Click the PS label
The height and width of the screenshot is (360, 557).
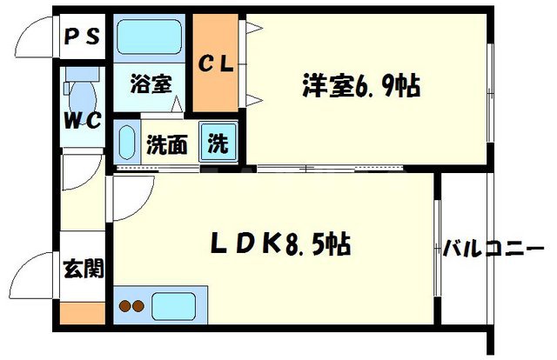pyautogui.click(x=83, y=38)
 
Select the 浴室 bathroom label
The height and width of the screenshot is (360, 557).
pyautogui.click(x=150, y=84)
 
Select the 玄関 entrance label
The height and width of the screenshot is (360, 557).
pyautogui.click(x=83, y=268)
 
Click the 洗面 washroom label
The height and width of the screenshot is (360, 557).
pyautogui.click(x=164, y=144)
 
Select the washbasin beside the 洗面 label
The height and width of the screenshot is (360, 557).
pyautogui.click(x=125, y=142)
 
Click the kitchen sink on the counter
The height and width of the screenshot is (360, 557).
pyautogui.click(x=173, y=306)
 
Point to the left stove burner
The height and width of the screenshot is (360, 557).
pyautogui.click(x=124, y=306)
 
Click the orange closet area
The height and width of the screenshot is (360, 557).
pyautogui.click(x=218, y=96)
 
